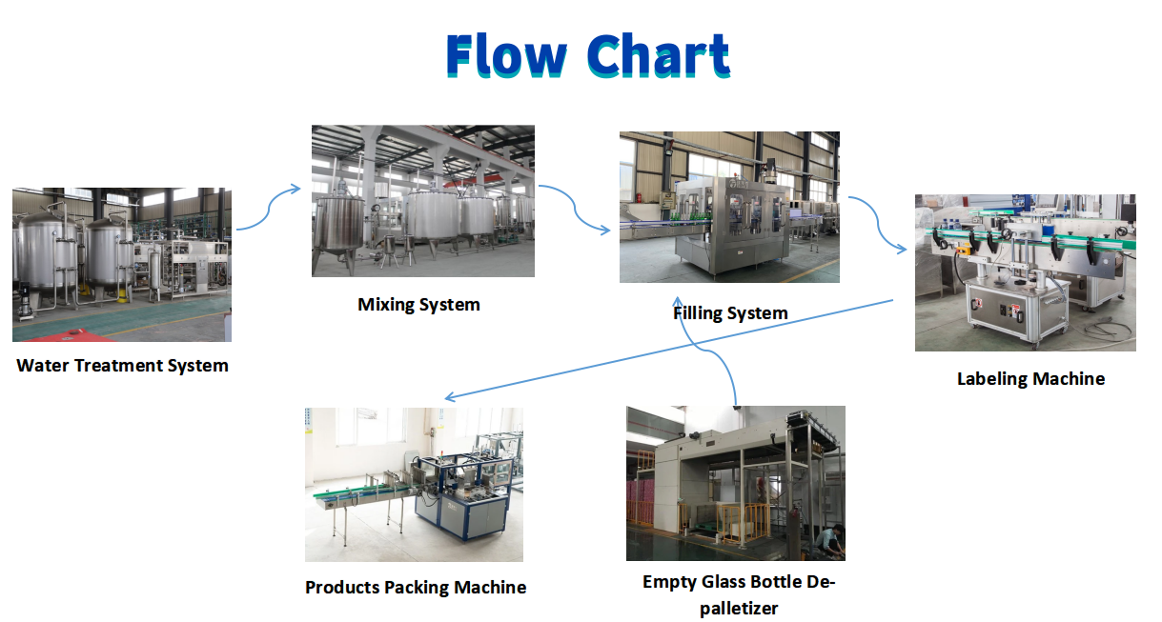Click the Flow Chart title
[587, 55]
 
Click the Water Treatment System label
[123, 365]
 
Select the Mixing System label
[418, 305]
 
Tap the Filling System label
[731, 312]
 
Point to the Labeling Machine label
[1030, 378]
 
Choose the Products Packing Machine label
[416, 587]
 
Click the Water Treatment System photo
[122, 265]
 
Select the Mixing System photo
[423, 201]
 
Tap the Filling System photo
[729, 207]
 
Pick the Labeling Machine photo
[1025, 272]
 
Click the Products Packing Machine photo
[414, 484]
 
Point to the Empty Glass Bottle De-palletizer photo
[735, 483]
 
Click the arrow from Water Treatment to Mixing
[270, 207]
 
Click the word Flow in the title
[506, 55]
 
